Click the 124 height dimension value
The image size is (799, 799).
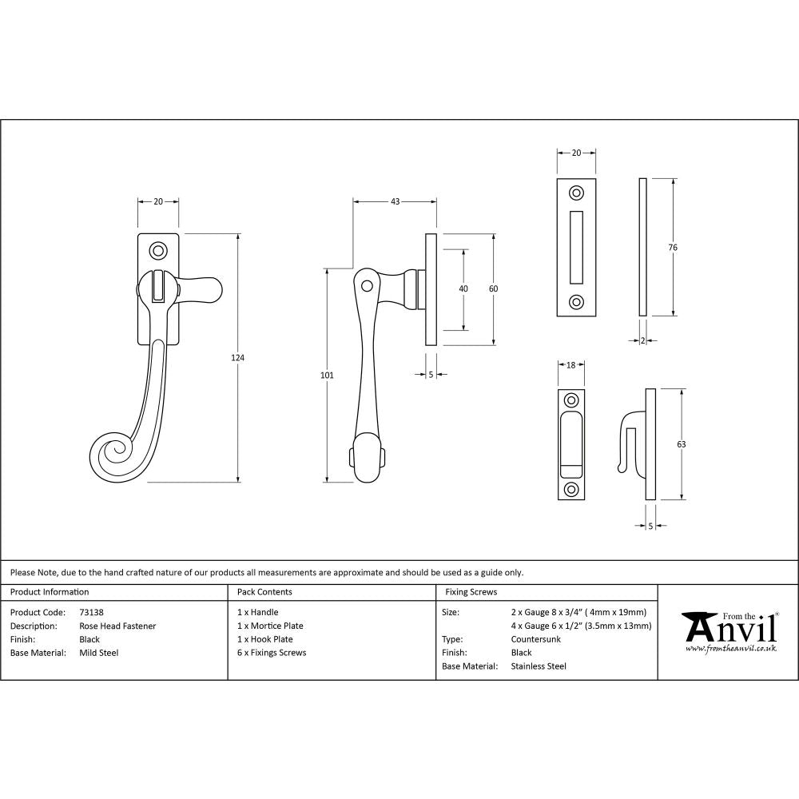coord(237,357)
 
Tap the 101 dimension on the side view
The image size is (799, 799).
coord(326,375)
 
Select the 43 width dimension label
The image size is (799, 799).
coord(395,201)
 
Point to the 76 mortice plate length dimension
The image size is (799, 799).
coord(673,248)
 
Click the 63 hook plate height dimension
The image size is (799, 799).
coord(682,443)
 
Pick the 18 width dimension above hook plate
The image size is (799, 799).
coord(570,365)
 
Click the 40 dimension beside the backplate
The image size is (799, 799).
coord(463,288)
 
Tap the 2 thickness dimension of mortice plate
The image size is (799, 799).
coord(643,341)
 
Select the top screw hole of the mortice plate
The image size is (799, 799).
coord(576,193)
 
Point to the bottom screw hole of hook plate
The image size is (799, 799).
coord(570,489)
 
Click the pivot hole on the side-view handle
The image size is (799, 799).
coord(367,284)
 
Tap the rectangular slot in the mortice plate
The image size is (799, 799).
coord(576,247)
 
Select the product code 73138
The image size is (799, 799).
coord(92,613)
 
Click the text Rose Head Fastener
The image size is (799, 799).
coord(117,626)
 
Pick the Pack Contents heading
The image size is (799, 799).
coord(264,592)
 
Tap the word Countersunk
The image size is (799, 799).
coord(535,640)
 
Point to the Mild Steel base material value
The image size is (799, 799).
coord(99,653)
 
